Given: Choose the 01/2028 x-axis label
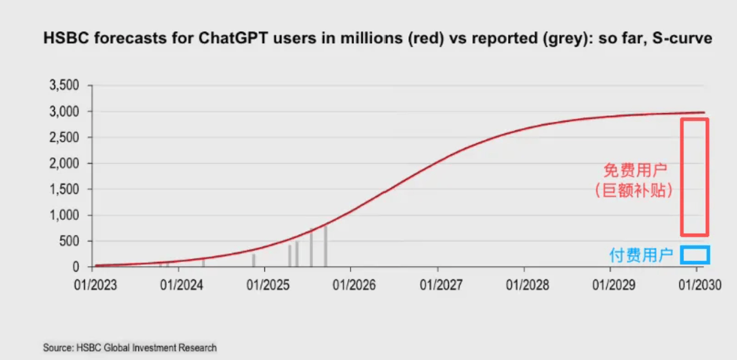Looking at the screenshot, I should click(524, 284).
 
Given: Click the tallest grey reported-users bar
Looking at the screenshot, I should click(326, 246).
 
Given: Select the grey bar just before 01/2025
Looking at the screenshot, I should click(253, 260).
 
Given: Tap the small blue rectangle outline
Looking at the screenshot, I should click(694, 255).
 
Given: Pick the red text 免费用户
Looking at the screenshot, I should click(635, 170).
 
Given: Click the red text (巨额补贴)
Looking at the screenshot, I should click(635, 190).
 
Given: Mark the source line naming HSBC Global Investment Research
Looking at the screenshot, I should click(130, 348).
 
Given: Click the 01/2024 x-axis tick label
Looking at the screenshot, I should click(179, 284).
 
